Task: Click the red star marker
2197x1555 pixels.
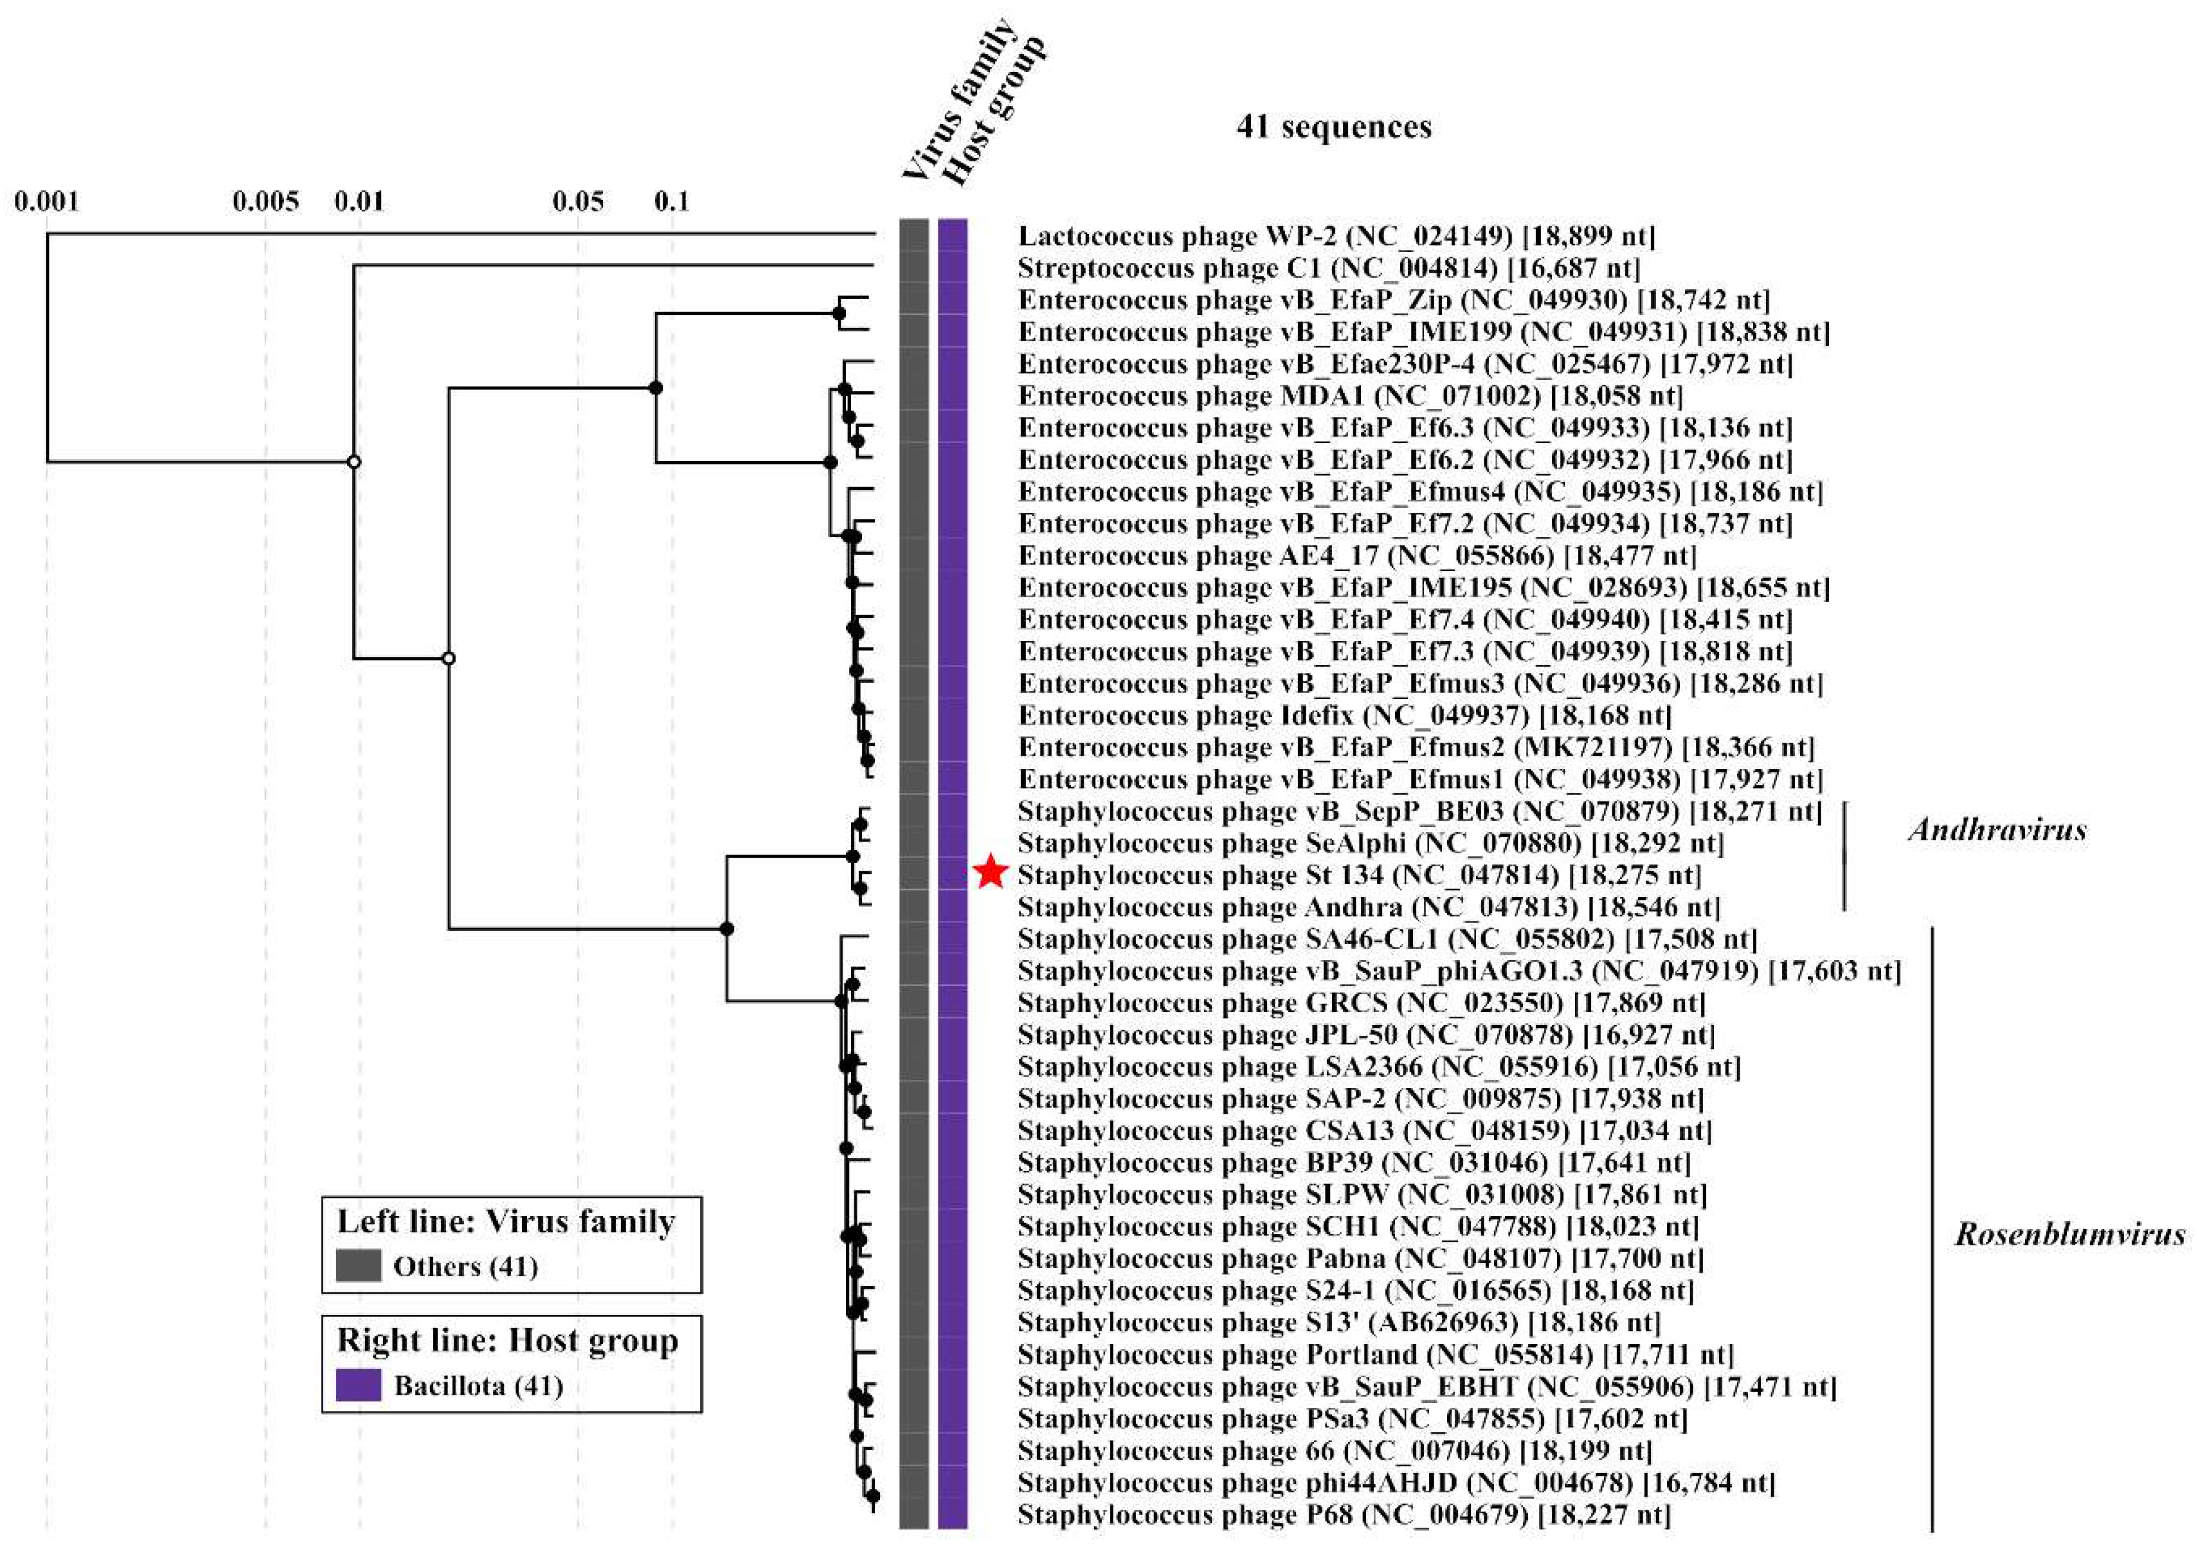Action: [x=991, y=872]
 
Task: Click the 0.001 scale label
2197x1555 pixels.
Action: [x=46, y=201]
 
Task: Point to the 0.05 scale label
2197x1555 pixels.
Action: [x=578, y=201]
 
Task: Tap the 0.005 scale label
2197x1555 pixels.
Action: [x=265, y=201]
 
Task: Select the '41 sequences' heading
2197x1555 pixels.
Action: [x=1334, y=126]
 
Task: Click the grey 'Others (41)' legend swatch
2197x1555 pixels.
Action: [x=358, y=1266]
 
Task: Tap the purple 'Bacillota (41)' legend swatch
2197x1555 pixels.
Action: [x=358, y=1385]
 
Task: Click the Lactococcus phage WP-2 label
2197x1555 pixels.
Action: [x=1337, y=236]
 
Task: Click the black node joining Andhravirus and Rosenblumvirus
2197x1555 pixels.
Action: [x=726, y=928]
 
